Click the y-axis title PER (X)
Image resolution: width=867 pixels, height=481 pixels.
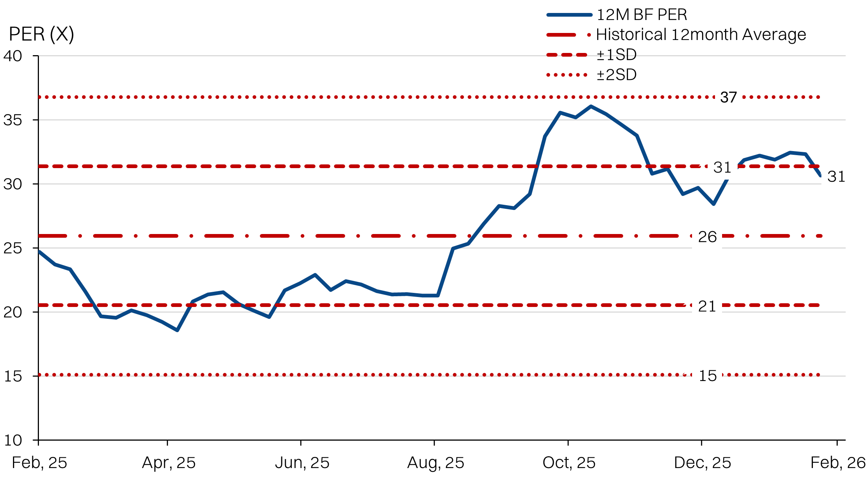[41, 34]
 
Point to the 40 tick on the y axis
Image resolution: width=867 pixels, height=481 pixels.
[13, 56]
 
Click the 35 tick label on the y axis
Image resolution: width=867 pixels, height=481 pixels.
[13, 120]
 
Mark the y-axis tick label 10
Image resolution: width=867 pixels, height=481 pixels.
[13, 440]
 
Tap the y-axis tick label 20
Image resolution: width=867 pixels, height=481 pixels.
[13, 312]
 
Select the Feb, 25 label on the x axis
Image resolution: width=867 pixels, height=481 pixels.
[39, 463]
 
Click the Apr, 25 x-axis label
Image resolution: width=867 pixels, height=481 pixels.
[169, 463]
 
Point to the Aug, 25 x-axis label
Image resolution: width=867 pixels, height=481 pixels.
[436, 463]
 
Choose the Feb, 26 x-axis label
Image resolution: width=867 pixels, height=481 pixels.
[838, 463]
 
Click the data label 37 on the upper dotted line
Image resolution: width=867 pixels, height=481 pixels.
[728, 97]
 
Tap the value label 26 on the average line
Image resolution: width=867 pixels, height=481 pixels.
[707, 237]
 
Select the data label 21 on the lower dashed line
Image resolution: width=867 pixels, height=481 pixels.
[707, 306]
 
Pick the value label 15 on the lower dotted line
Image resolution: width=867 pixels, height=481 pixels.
[708, 376]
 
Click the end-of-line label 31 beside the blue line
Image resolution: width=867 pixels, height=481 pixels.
[836, 177]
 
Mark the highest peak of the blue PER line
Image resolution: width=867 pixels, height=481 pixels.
[590, 107]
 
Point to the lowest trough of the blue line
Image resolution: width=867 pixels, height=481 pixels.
[177, 330]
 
